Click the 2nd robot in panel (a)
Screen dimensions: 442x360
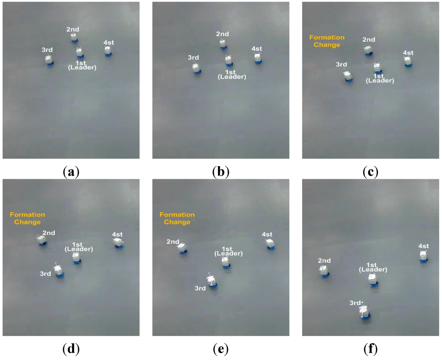74,38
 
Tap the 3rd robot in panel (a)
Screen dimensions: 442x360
50,60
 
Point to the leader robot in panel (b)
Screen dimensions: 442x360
228,60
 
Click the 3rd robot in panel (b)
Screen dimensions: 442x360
197,69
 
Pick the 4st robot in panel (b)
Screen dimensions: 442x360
258,58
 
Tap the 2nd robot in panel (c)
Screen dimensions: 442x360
368,51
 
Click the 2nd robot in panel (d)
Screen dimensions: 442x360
42,240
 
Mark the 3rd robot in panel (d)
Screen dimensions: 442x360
59,272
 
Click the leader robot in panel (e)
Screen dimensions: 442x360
226,262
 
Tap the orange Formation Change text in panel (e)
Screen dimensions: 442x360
177,218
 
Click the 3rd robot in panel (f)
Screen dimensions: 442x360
365,311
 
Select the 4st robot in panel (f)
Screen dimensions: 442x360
423,256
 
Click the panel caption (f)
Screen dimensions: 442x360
370,348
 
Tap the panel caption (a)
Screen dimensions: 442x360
71,172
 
